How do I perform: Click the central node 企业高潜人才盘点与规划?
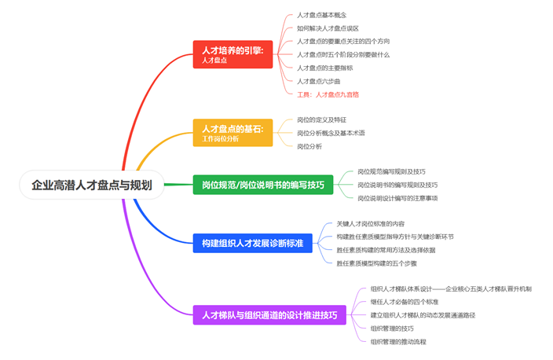(x=92, y=186)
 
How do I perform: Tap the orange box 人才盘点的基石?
(x=233, y=132)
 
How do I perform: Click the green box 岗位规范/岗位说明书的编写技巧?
(x=263, y=186)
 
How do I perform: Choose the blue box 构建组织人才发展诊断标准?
(x=253, y=243)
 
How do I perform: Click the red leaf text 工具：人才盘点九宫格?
(x=328, y=94)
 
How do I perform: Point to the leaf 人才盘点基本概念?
(x=321, y=15)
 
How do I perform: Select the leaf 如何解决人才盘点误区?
(x=328, y=28)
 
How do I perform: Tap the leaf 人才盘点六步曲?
(x=319, y=81)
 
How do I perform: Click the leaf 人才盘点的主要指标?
(x=325, y=68)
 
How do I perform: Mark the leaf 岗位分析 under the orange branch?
(x=309, y=146)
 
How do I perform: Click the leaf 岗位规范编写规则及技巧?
(x=391, y=171)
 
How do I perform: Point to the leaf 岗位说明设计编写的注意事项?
(x=397, y=198)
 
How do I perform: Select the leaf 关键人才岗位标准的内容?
(x=370, y=223)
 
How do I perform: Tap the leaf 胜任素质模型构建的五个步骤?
(x=376, y=263)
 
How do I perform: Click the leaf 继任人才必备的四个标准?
(x=405, y=302)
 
